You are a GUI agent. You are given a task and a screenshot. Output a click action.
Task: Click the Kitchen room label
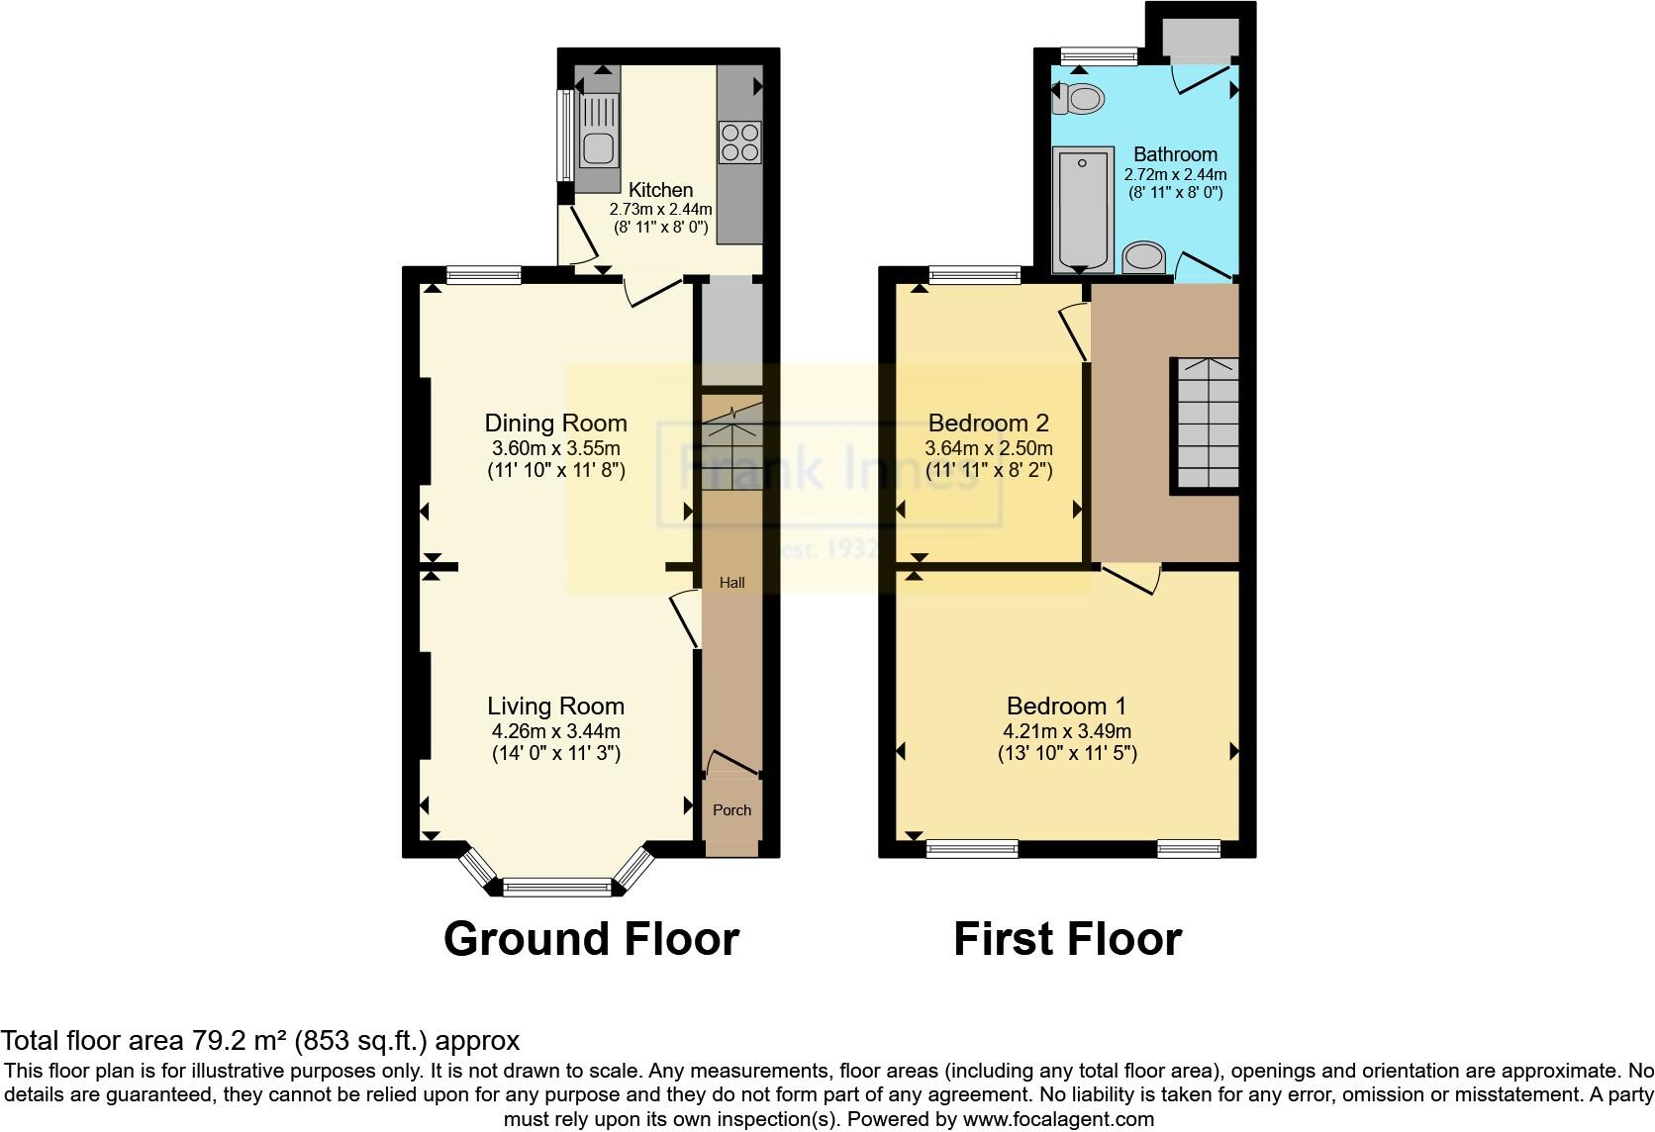(x=661, y=190)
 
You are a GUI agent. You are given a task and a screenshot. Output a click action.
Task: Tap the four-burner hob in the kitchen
(x=739, y=141)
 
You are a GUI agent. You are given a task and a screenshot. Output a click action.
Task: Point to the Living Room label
(x=555, y=706)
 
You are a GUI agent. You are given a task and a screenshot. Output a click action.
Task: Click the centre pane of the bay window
(x=557, y=887)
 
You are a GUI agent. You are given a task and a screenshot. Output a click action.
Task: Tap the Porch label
(x=732, y=809)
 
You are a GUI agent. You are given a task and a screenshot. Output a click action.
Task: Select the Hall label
(x=732, y=583)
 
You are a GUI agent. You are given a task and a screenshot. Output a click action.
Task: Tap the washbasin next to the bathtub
(x=1144, y=256)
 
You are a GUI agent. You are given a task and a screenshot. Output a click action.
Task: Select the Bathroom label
(x=1175, y=154)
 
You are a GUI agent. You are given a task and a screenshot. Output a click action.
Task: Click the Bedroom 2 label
(x=988, y=424)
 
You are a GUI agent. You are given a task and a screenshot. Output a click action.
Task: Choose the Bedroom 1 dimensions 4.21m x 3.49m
(x=1066, y=731)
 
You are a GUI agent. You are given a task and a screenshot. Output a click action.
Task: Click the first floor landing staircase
(x=1206, y=424)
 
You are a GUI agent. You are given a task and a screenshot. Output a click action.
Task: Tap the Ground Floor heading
(x=591, y=938)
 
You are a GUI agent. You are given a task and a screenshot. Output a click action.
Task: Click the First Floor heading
(x=1067, y=938)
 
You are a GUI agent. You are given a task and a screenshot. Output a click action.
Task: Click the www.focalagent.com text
(x=1058, y=1119)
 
